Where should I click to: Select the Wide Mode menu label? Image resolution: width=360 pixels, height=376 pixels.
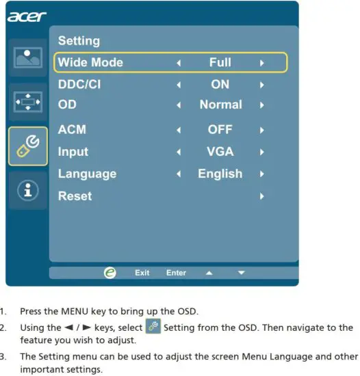[x=90, y=62]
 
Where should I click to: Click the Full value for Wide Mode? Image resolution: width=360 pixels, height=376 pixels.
[x=220, y=62]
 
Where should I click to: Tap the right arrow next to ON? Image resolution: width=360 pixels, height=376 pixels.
[x=261, y=85]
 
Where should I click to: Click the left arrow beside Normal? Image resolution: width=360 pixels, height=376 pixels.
[x=179, y=105]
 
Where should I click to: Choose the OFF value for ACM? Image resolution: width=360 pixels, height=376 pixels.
[x=220, y=129]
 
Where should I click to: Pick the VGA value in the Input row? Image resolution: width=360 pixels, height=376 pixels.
[x=220, y=152]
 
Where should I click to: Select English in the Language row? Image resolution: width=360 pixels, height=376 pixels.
[x=220, y=174]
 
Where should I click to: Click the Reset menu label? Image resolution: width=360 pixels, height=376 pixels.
[x=75, y=196]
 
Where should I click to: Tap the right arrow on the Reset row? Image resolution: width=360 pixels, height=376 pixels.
[x=261, y=196]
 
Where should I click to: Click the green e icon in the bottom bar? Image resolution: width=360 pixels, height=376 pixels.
[x=110, y=272]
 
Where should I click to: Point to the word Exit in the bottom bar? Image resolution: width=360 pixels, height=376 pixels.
[x=142, y=273]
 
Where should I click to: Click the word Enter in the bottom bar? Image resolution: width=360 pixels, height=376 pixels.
[x=176, y=273]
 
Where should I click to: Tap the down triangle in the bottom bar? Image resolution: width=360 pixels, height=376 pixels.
[x=241, y=273]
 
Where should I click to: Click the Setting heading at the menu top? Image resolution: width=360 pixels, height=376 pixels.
[x=79, y=41]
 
